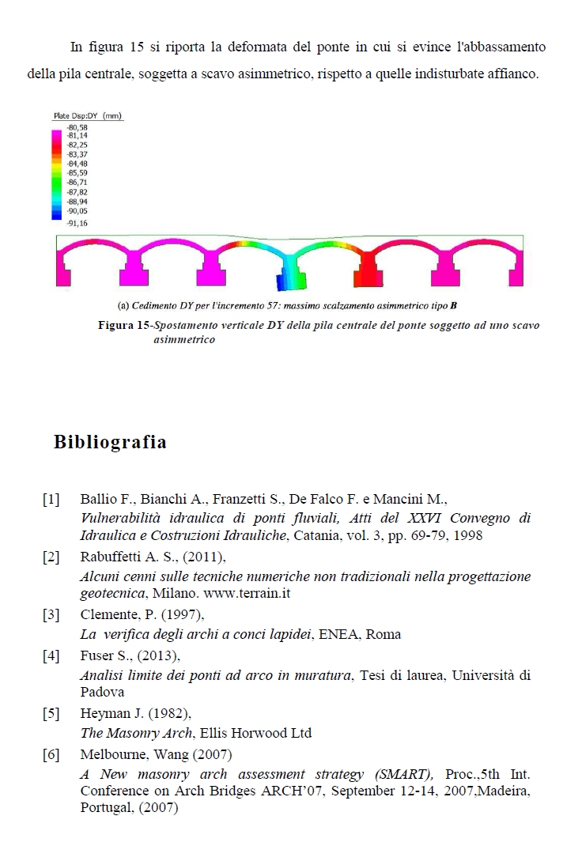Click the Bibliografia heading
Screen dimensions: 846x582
[110, 442]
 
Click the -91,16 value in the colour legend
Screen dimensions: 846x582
[77, 224]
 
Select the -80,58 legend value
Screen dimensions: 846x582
[77, 127]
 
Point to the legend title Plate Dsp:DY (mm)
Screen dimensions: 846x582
[87, 116]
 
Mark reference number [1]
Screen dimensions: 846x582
[51, 500]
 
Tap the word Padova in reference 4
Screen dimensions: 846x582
[102, 692]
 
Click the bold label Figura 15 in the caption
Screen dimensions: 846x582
[123, 326]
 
